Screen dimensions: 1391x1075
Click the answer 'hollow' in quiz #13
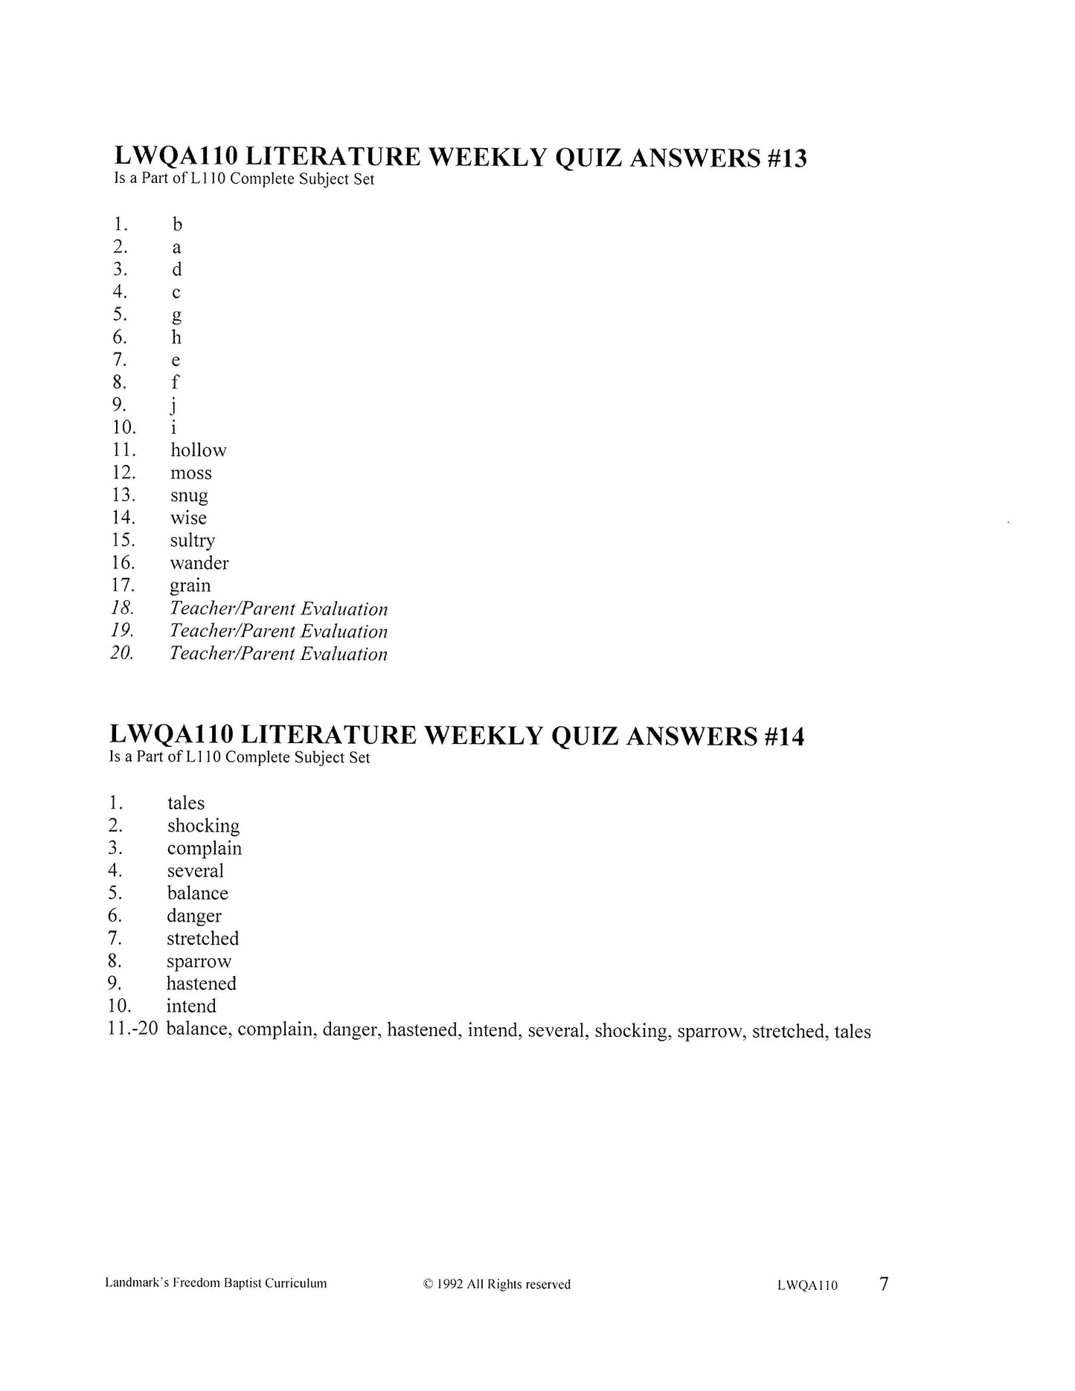198,450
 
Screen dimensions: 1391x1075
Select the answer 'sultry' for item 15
192,541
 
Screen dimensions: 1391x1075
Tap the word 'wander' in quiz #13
199,563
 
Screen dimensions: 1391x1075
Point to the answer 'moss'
190,473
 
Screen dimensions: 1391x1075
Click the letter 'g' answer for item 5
176,315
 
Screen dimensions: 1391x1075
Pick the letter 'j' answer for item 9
173,405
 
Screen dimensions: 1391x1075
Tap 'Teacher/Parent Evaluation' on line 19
278,632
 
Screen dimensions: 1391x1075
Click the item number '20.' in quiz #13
122,654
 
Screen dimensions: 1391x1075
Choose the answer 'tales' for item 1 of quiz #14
185,803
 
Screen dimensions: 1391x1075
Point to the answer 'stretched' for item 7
202,939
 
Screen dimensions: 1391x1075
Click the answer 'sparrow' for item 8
199,962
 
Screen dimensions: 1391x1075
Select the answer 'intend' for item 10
191,1006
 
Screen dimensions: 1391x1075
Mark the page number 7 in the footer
884,1284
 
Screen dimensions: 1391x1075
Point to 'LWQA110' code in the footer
807,1285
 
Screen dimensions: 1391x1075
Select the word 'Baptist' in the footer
262,1284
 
